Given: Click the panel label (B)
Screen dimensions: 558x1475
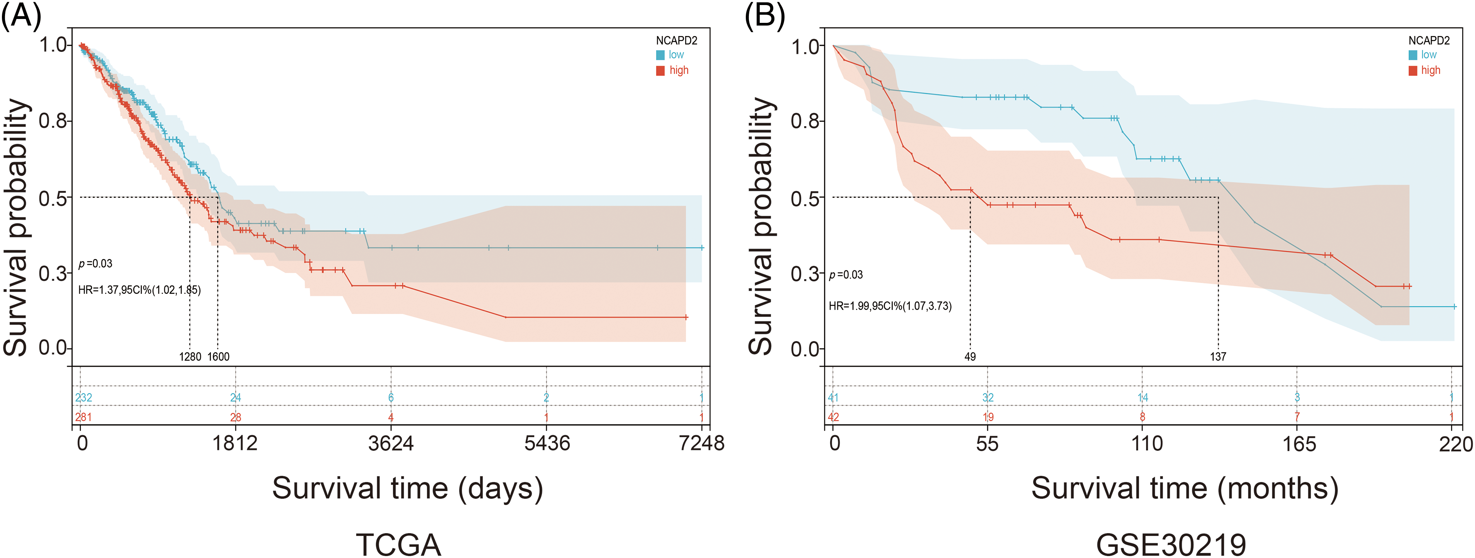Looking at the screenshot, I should [x=764, y=15].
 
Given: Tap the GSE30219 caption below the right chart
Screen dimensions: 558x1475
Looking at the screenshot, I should [x=1171, y=544].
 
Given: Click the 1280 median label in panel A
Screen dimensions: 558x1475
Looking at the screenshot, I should [x=190, y=357].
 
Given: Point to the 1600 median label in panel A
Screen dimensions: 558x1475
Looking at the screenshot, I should [x=218, y=357].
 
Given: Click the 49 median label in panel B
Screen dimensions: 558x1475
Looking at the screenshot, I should [x=970, y=357].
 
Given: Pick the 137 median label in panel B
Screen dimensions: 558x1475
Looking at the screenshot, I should [x=1218, y=357].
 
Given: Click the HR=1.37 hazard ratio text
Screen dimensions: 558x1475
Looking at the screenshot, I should [x=139, y=290].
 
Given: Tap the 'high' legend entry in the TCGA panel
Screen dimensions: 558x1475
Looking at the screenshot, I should [x=679, y=70].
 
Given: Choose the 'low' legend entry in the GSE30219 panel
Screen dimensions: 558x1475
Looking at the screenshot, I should [x=1429, y=55].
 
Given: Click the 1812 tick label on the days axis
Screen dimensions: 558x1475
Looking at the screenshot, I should [x=235, y=443].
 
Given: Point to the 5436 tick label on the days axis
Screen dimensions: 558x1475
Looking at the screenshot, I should [x=547, y=443].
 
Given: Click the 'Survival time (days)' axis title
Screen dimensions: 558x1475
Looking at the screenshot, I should [x=407, y=488].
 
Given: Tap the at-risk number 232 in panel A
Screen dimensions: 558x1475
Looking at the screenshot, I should [x=84, y=398].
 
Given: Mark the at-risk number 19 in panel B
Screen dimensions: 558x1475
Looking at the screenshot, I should [x=988, y=417].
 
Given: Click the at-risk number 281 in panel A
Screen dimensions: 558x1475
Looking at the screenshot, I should [x=84, y=417].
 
